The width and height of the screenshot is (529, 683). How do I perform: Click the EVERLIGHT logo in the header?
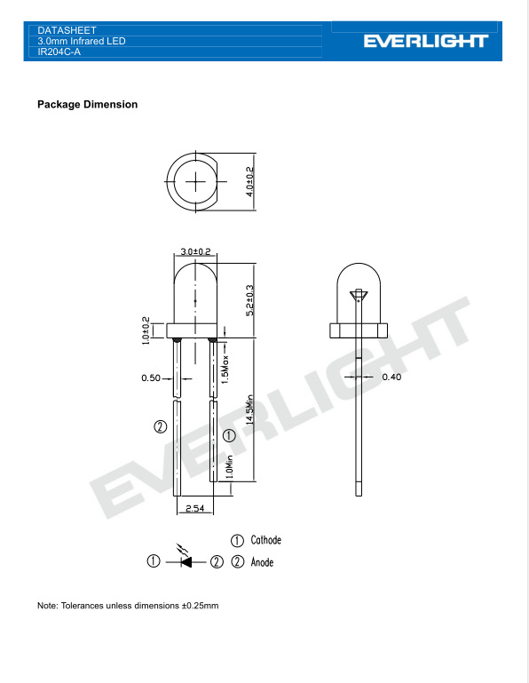click(x=425, y=41)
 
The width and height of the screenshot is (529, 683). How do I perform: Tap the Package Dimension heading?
click(x=87, y=105)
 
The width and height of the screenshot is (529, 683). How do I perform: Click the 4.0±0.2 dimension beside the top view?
click(x=250, y=181)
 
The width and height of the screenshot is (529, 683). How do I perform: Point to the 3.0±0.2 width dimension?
click(x=195, y=252)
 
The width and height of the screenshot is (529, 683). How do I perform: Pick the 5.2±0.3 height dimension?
click(x=250, y=300)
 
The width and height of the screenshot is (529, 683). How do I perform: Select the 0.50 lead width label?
click(x=152, y=378)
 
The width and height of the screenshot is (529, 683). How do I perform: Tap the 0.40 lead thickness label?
click(x=391, y=377)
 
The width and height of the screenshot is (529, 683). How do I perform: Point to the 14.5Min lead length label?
click(x=251, y=410)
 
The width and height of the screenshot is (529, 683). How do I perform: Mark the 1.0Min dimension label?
click(x=229, y=466)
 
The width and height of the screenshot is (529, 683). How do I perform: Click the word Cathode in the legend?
click(x=266, y=540)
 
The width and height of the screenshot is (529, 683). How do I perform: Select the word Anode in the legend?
click(x=263, y=562)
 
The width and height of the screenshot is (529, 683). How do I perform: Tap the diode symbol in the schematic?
click(x=186, y=561)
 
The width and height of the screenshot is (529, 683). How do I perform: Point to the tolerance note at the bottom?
click(x=128, y=606)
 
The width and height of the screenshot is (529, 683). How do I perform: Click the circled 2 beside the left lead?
click(x=161, y=426)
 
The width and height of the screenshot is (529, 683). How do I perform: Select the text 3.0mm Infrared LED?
click(x=75, y=41)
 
